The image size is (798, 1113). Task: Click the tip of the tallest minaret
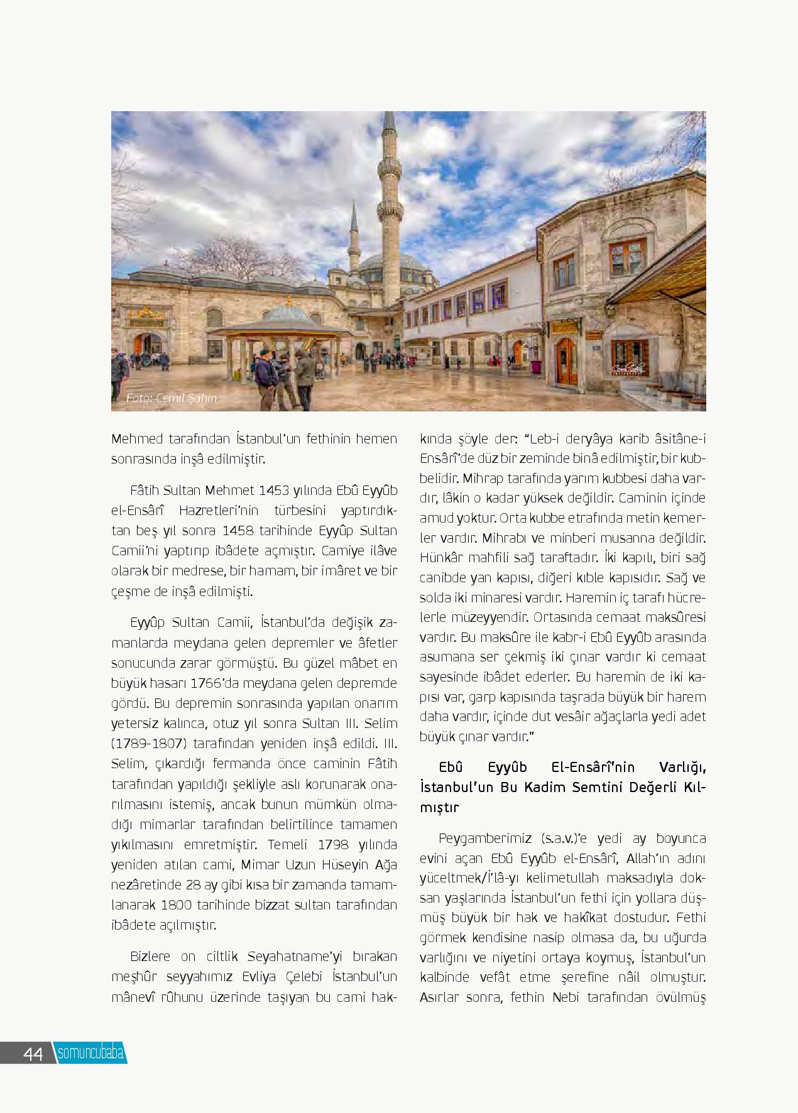coord(390,115)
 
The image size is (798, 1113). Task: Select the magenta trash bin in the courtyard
coord(536,367)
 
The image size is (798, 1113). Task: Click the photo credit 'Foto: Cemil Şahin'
coord(172,398)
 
